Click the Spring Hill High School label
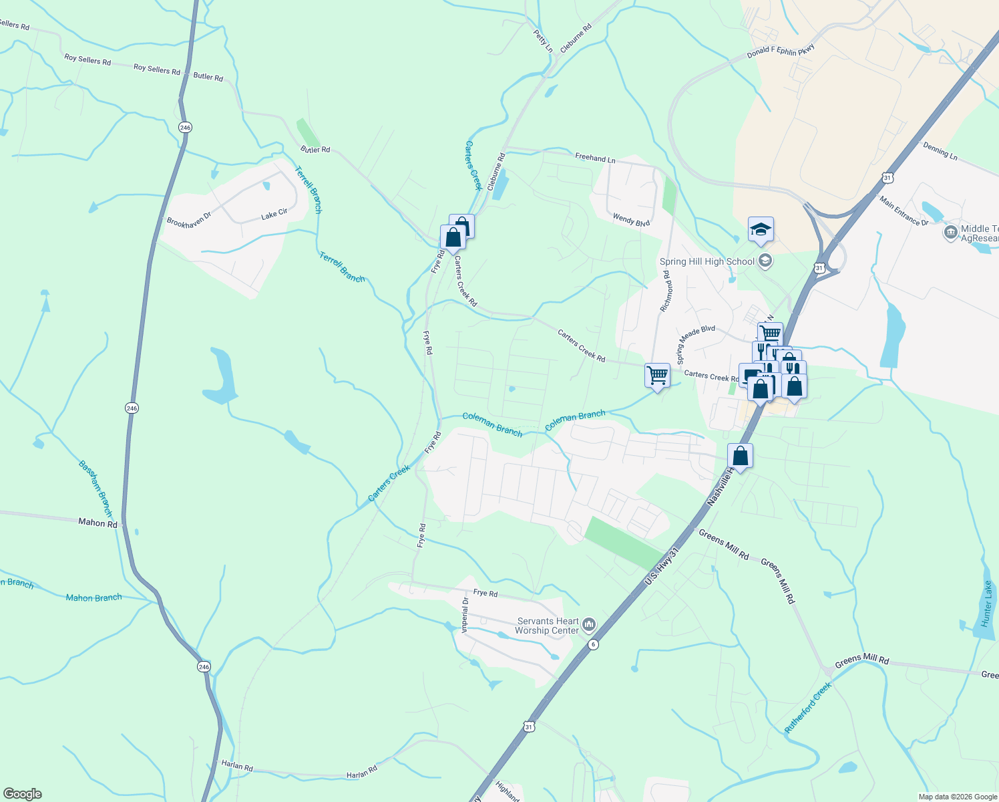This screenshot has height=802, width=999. (x=707, y=261)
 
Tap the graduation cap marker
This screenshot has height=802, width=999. (x=761, y=231)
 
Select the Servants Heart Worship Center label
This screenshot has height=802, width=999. (x=548, y=626)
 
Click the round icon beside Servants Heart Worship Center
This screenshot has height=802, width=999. (x=588, y=625)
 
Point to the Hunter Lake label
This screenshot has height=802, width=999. (x=987, y=604)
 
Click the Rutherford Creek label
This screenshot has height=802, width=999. (x=808, y=707)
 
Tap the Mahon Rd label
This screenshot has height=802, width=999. (x=97, y=523)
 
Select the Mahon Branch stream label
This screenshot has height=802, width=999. (x=93, y=597)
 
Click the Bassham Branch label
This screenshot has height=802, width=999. (x=94, y=489)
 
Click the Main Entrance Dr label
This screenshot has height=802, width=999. (x=904, y=211)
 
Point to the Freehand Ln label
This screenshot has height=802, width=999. (x=595, y=158)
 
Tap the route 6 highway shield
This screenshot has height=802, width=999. (x=593, y=644)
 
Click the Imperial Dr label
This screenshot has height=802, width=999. (x=465, y=614)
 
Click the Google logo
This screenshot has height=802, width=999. (x=23, y=793)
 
